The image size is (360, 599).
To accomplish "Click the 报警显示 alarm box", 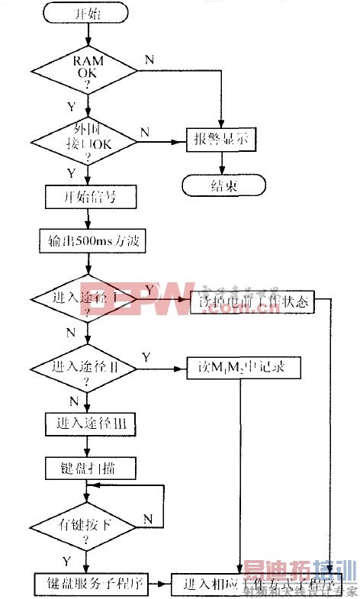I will [221, 140].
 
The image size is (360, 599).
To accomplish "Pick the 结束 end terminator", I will [222, 185].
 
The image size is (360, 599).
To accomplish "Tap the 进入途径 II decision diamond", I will [85, 370].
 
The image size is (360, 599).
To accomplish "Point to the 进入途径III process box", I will [90, 422].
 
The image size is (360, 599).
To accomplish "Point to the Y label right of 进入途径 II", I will [146, 357].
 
